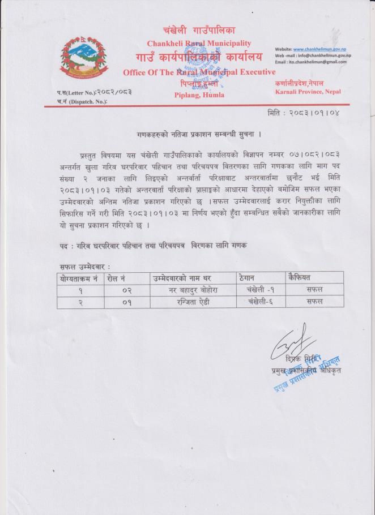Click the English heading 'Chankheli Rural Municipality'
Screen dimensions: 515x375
click(199, 44)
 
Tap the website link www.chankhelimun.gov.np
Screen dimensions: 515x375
click(320, 49)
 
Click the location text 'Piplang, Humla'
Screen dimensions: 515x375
click(198, 95)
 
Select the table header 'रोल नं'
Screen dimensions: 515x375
click(117, 278)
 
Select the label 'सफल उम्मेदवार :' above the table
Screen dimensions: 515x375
click(86, 266)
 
